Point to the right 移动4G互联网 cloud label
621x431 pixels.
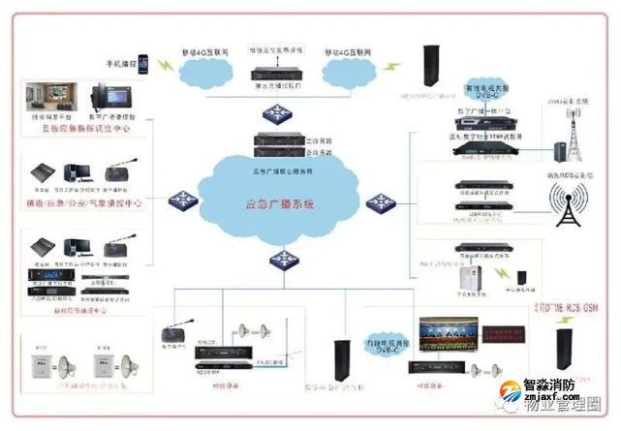353,50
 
